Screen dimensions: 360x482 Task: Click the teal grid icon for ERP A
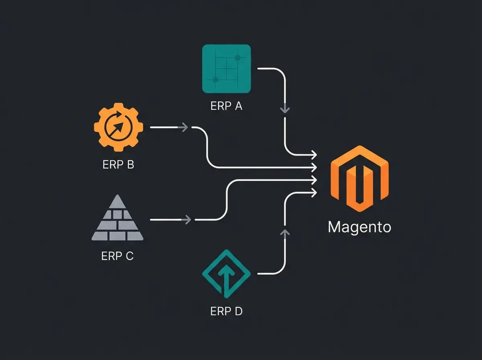tap(226, 69)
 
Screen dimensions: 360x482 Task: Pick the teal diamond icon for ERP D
tap(226, 274)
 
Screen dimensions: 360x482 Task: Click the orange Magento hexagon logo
tap(359, 178)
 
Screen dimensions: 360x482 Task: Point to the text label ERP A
tap(226, 106)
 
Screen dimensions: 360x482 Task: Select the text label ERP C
tap(117, 256)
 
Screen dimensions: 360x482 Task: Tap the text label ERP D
tap(226, 311)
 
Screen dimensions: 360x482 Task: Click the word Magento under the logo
tap(359, 227)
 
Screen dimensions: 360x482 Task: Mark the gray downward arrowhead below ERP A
tap(285, 109)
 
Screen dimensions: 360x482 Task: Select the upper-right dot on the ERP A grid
tap(237, 58)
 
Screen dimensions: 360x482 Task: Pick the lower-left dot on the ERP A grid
tap(215, 80)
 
